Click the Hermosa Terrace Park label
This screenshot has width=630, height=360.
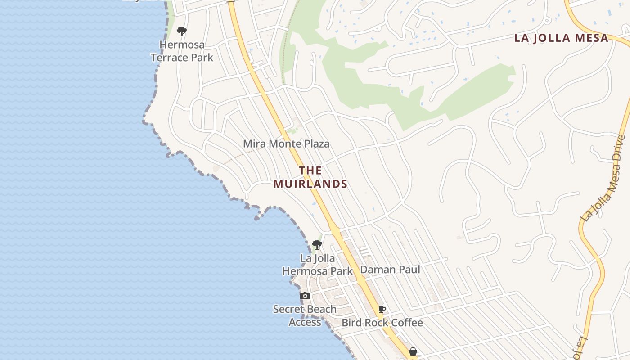(182, 51)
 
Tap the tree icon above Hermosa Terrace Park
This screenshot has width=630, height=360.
(182, 31)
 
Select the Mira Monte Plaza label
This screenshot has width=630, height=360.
(286, 144)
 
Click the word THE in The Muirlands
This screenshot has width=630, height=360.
(310, 171)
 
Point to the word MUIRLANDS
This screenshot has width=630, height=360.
(310, 184)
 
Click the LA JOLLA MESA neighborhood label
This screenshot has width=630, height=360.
(561, 38)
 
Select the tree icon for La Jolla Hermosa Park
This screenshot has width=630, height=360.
(317, 245)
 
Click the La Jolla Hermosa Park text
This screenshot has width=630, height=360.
(317, 265)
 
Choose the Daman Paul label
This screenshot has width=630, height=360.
(390, 270)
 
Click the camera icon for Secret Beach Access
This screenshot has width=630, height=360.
(305, 296)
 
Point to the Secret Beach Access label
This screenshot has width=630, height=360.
(305, 315)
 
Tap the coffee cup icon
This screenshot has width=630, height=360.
(382, 309)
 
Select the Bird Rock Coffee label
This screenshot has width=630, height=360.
(382, 323)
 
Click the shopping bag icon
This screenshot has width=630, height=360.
(413, 351)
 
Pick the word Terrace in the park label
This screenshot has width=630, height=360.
(168, 58)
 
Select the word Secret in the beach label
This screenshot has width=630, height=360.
(288, 309)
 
